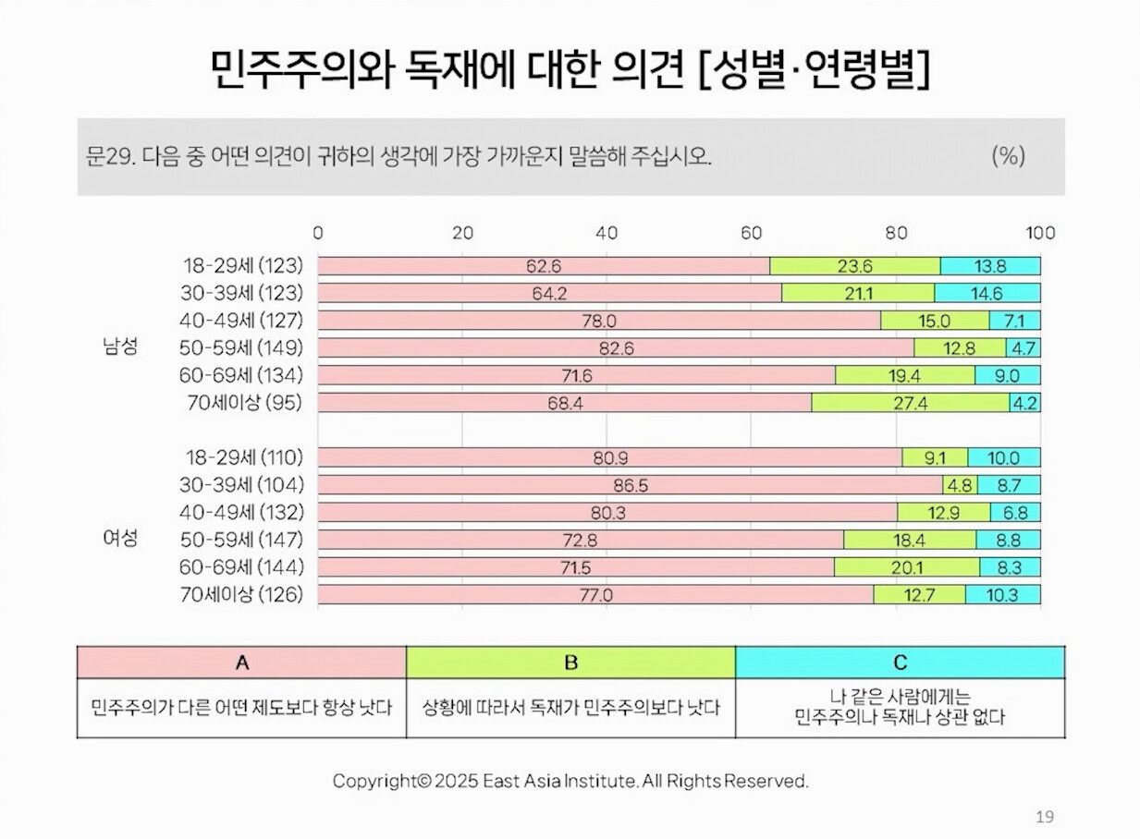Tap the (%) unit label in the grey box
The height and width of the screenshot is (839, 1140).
tap(1008, 155)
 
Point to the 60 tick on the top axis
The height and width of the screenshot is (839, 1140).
tap(751, 234)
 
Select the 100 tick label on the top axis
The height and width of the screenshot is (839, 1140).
tap(1040, 234)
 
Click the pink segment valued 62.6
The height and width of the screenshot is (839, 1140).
tap(544, 266)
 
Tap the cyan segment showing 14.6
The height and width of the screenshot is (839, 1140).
tap(987, 294)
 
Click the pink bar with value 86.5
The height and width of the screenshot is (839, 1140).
tap(630, 485)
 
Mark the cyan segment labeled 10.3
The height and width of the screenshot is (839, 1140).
tap(1002, 595)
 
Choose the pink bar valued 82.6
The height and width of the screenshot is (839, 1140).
tap(617, 348)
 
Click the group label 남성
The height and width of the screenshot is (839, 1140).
tap(119, 347)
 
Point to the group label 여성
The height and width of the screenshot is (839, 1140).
tap(119, 539)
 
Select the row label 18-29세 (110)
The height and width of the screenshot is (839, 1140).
tap(243, 457)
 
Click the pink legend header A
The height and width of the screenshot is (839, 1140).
tap(242, 662)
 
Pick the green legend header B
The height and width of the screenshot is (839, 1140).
tap(571, 662)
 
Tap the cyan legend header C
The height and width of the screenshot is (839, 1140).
tap(900, 662)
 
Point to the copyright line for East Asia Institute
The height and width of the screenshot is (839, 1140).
tap(570, 781)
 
